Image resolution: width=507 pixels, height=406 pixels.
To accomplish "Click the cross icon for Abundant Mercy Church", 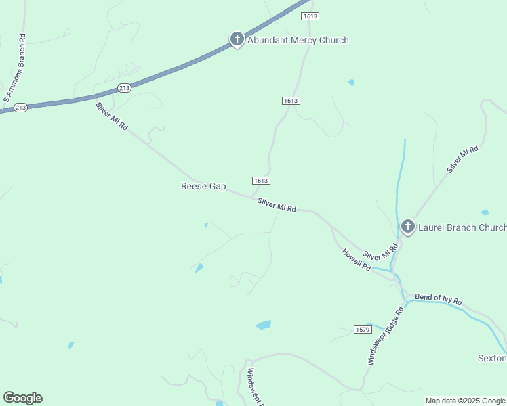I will pos(237,39).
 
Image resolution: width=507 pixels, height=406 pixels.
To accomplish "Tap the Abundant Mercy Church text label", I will pos(298,40).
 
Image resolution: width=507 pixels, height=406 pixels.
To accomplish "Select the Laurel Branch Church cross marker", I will pos(407,226).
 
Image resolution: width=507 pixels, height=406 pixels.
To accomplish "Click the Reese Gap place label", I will pos(203,186).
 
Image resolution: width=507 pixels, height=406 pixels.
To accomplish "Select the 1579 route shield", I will pos(363,329).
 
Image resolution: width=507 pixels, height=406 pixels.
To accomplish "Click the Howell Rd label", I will pos(357,260).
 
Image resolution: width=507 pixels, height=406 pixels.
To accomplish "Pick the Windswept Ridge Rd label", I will pos(385,336).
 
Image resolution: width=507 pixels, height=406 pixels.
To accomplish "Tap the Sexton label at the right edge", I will pos(493,358).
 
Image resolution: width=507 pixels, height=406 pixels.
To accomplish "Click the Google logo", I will pos(22,398).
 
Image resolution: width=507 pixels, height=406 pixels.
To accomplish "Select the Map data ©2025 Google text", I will pos(465,401).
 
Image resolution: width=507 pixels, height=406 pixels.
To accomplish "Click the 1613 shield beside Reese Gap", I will pos(262,181).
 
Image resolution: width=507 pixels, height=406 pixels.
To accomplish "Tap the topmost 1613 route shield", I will pos(310,16).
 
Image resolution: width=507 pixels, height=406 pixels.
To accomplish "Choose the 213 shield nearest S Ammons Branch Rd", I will pos(20,108).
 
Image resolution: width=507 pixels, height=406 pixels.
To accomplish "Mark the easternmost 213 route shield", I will pos(124,88).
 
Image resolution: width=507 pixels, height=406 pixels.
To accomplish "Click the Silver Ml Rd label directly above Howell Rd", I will pos(380,252).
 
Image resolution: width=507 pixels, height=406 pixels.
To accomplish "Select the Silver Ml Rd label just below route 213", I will pos(111,116).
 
